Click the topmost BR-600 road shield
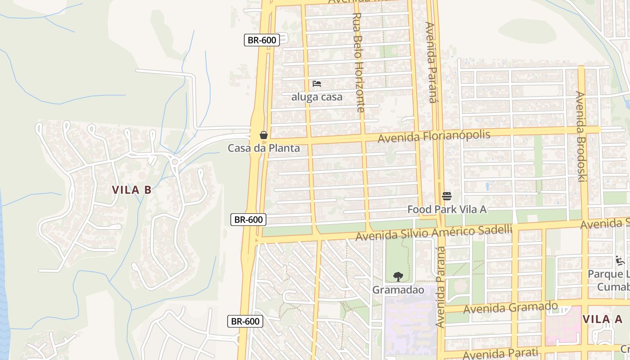point(262,40)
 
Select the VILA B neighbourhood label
point(131,190)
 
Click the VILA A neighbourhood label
point(603,319)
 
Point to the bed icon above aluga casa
point(317,84)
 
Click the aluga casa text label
point(317,97)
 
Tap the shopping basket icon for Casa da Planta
point(264,135)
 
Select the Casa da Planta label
point(264,148)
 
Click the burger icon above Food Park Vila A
point(446,196)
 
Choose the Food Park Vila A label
point(447,209)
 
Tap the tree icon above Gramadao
point(398,277)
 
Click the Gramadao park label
point(398,290)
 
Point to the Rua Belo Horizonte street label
point(358,62)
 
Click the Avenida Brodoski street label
point(581,136)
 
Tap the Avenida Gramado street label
point(510,308)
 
